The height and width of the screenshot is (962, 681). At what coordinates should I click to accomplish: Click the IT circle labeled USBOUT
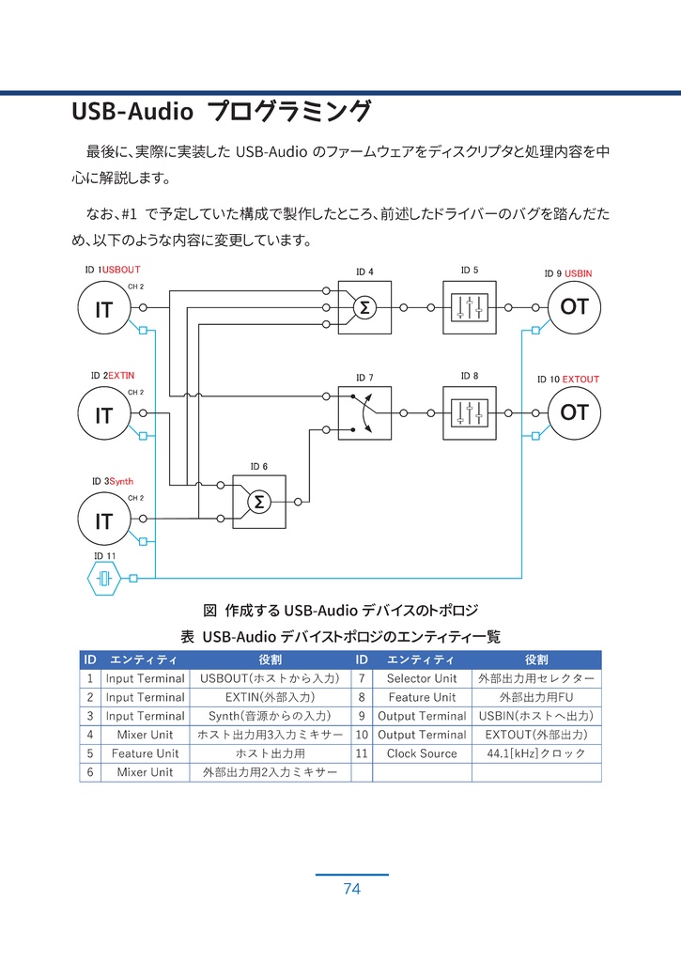click(103, 309)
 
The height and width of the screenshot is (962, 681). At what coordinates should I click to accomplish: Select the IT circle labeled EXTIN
click(103, 415)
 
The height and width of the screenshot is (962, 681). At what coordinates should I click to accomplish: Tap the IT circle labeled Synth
click(103, 521)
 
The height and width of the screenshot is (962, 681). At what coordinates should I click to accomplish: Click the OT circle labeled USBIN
click(574, 307)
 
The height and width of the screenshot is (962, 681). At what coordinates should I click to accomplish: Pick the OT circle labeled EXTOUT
click(574, 412)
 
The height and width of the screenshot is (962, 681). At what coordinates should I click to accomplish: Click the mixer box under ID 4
click(364, 307)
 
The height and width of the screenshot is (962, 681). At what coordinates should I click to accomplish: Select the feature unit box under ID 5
click(469, 307)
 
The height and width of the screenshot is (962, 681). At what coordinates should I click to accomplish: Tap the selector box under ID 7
click(364, 413)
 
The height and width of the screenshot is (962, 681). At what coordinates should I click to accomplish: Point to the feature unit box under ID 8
click(469, 412)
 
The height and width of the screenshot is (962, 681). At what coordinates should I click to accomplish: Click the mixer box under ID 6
click(258, 503)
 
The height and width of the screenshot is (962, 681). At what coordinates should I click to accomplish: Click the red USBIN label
click(579, 273)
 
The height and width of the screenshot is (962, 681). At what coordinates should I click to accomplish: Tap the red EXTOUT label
click(580, 380)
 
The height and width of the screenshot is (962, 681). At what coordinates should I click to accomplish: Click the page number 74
click(351, 889)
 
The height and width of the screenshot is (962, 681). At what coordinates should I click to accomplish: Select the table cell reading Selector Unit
click(422, 678)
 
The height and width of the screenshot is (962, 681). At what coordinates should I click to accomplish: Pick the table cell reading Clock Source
click(422, 753)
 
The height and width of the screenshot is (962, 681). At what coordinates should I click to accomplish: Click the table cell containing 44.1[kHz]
click(535, 753)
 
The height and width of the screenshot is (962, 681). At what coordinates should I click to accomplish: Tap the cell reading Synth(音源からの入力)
click(271, 716)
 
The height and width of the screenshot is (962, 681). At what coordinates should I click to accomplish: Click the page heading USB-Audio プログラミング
click(222, 112)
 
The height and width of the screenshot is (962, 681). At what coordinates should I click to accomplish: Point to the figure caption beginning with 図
click(341, 611)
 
